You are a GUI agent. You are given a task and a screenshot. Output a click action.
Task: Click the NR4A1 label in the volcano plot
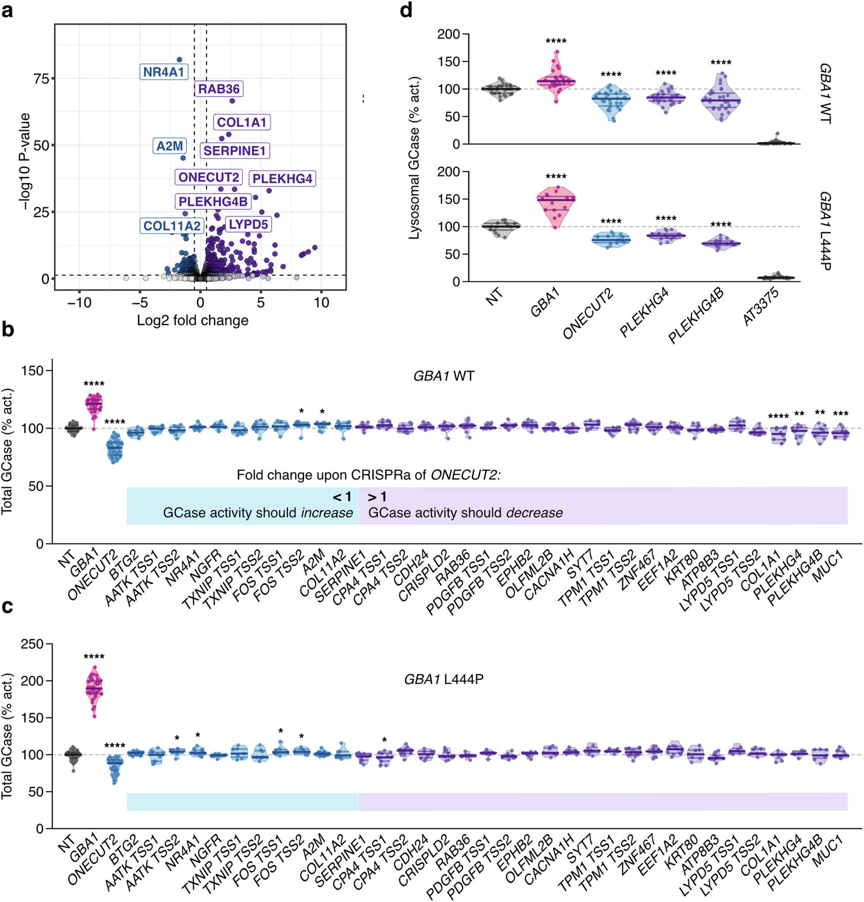pyautogui.click(x=163, y=72)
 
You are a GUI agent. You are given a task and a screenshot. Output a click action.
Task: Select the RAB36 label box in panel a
pyautogui.click(x=219, y=89)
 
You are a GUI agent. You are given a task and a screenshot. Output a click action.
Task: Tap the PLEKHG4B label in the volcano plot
pyautogui.click(x=213, y=201)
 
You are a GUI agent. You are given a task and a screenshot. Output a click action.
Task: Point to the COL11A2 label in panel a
pyautogui.click(x=172, y=226)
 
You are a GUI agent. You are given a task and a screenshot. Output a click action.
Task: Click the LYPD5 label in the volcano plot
pyautogui.click(x=248, y=225)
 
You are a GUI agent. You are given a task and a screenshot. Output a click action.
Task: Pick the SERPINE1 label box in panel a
pyautogui.click(x=235, y=151)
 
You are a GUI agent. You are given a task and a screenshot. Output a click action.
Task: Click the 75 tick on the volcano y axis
pyautogui.click(x=41, y=79)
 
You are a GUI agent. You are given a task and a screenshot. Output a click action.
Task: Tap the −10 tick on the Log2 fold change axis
pyautogui.click(x=79, y=303)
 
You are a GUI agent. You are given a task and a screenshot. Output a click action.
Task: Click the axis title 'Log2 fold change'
pyautogui.click(x=192, y=320)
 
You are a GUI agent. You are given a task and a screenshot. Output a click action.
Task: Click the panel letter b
pyautogui.click(x=8, y=329)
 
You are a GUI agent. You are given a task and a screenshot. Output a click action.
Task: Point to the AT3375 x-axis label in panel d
pyautogui.click(x=762, y=306)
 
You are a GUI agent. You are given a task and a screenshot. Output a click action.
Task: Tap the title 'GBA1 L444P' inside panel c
pyautogui.click(x=444, y=679)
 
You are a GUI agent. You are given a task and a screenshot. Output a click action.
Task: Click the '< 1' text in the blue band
pyautogui.click(x=342, y=497)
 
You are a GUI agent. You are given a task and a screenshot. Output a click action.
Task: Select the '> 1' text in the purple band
pyautogui.click(x=377, y=497)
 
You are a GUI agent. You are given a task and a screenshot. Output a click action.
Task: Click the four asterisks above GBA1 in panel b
pyautogui.click(x=94, y=384)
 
